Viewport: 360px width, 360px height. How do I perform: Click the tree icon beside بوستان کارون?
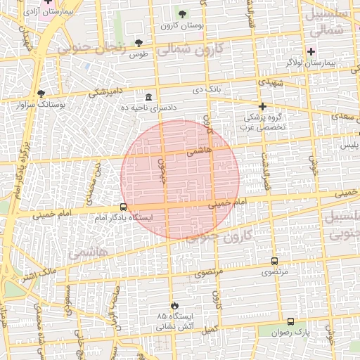click(x=183, y=14)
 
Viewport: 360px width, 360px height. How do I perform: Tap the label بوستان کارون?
click(x=182, y=26)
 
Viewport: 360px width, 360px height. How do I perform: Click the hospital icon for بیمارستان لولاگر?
click(x=311, y=51)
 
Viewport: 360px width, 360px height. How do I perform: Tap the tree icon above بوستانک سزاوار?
click(x=41, y=93)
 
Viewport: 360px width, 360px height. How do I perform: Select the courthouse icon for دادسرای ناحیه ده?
click(x=148, y=97)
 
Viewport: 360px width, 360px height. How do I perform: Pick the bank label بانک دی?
click(x=208, y=90)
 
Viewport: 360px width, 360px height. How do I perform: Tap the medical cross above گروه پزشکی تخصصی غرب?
click(x=262, y=106)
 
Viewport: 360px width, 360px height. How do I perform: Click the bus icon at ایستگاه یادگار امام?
click(x=124, y=207)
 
